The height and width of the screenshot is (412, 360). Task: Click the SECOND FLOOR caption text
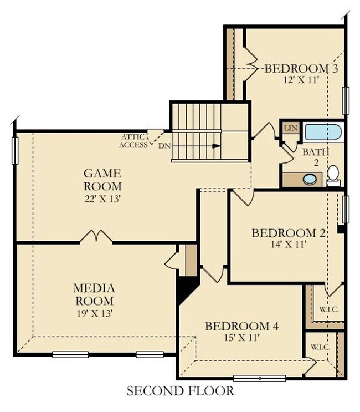pos(180,391)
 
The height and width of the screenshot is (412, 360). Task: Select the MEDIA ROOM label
pos(94,294)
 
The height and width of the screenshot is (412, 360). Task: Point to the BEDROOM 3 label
pos(301,69)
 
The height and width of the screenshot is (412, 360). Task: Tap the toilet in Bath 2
pos(333,175)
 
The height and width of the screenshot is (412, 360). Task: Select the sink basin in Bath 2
pos(310,179)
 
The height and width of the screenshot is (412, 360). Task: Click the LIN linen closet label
pos(290,129)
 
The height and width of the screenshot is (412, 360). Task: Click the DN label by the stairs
pos(164,146)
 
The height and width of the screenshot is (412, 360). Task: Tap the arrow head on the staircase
pos(217,146)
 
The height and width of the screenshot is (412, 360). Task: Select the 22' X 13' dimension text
pos(102,197)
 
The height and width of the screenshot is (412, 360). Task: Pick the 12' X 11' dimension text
pos(301,79)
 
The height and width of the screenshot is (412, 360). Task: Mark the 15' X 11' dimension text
pos(241,336)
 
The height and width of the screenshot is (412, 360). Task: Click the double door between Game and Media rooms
pos(96,237)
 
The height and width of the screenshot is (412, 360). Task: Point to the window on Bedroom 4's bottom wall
pos(259,378)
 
